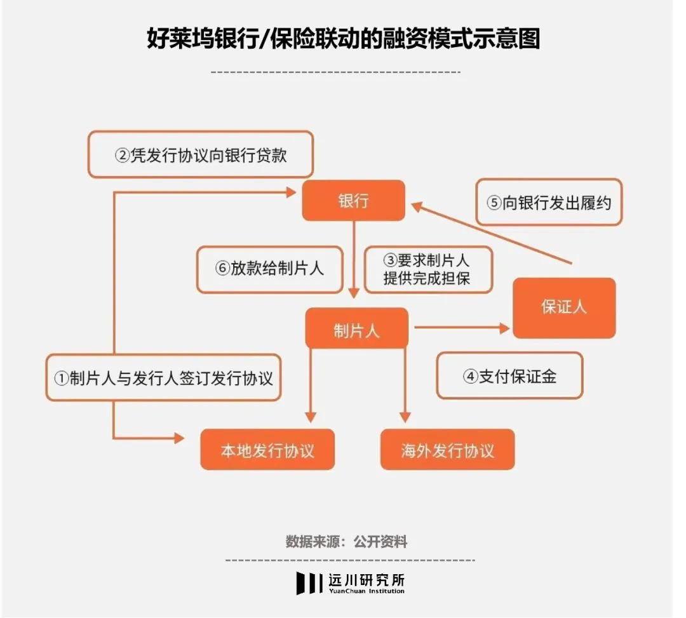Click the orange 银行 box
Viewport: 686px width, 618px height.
click(x=353, y=201)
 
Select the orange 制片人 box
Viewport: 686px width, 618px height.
click(x=356, y=328)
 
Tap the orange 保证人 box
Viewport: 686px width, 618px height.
click(x=564, y=307)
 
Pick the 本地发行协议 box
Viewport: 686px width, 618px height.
click(x=267, y=450)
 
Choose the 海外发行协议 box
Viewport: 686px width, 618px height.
click(x=447, y=450)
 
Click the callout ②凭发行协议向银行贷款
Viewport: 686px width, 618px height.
click(x=201, y=154)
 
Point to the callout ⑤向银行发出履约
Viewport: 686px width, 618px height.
click(x=549, y=203)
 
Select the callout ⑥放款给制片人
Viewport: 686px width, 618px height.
click(x=269, y=269)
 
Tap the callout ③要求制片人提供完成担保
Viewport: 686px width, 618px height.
click(x=427, y=269)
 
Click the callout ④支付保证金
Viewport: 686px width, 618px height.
click(x=509, y=375)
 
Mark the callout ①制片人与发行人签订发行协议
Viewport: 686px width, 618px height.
click(x=163, y=378)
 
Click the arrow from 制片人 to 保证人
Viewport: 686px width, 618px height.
click(x=462, y=328)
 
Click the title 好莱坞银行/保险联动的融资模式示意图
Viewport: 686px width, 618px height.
click(x=343, y=39)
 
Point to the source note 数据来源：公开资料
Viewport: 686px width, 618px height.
click(x=346, y=542)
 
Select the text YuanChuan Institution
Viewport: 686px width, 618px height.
click(x=367, y=591)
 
